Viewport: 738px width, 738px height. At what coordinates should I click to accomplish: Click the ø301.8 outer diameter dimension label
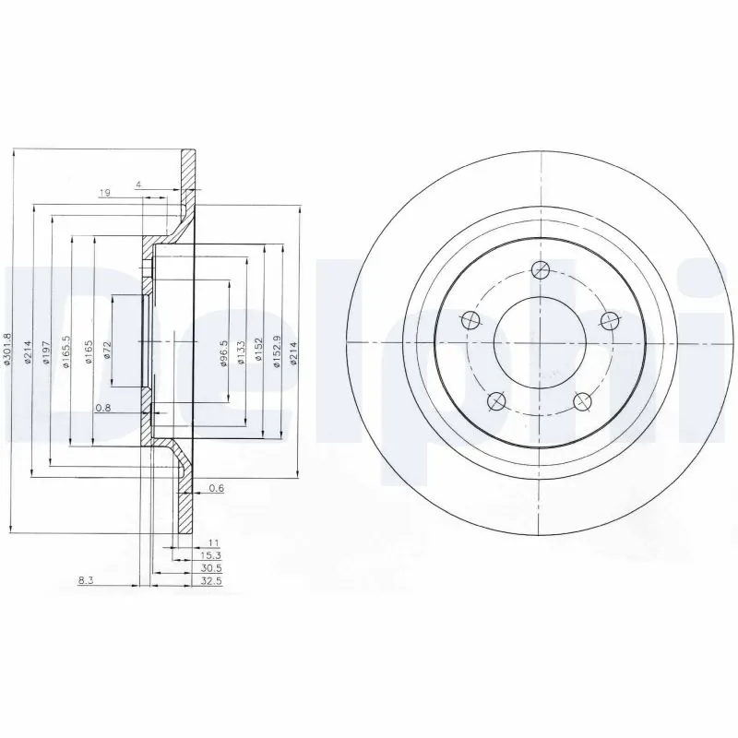pyautogui.click(x=7, y=351)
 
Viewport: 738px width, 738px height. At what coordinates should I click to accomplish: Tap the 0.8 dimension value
pyautogui.click(x=104, y=407)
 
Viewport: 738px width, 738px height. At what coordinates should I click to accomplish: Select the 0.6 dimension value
pyautogui.click(x=216, y=489)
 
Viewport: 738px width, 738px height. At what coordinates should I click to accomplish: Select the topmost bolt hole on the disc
pyautogui.click(x=542, y=270)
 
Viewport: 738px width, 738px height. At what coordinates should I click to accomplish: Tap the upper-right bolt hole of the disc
pyautogui.click(x=609, y=319)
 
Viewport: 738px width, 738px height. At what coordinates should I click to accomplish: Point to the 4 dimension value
pyautogui.click(x=138, y=185)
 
